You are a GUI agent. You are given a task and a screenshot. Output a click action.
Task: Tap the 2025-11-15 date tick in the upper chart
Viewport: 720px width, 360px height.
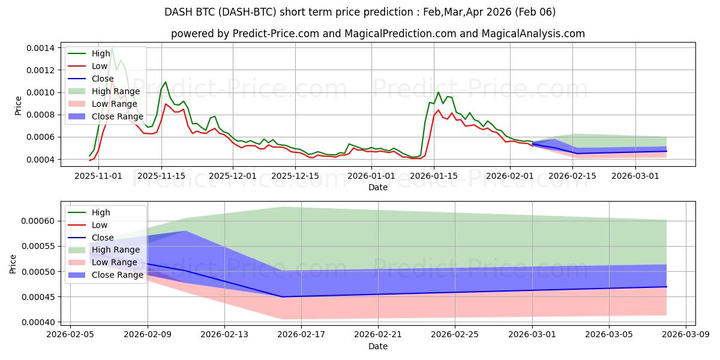(161, 176)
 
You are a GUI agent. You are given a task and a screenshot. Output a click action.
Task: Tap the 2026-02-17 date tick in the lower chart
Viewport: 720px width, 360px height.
(301, 335)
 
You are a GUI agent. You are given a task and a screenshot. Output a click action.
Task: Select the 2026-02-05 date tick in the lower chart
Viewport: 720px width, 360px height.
(71, 335)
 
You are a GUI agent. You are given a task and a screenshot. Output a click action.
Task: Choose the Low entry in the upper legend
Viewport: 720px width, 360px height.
(100, 66)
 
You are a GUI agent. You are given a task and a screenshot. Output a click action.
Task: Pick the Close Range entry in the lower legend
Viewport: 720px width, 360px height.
(118, 275)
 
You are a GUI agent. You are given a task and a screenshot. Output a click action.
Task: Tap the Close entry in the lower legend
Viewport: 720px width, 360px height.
(103, 238)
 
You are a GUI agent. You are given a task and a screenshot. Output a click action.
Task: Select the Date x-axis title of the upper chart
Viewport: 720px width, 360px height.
(378, 187)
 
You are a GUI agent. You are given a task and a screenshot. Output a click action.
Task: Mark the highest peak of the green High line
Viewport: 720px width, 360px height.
(112, 48)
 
